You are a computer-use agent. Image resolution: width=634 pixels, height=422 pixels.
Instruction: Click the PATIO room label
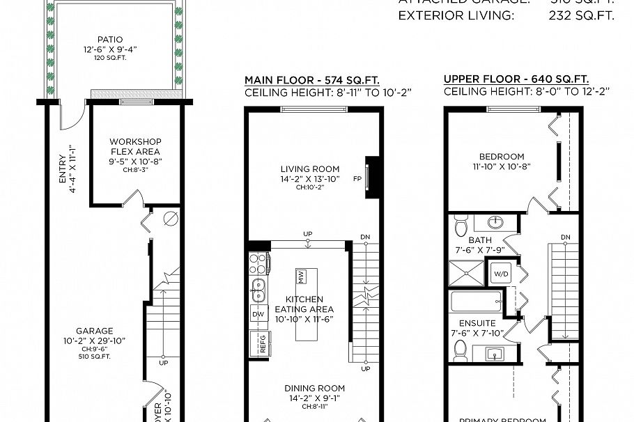pyautogui.click(x=111, y=40)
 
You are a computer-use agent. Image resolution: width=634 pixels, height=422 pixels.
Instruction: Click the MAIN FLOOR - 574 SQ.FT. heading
pyautogui.click(x=312, y=79)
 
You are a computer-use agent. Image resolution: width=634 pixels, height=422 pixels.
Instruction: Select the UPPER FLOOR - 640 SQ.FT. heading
pyautogui.click(x=516, y=79)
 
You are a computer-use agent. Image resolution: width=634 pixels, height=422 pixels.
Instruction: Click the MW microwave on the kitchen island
pyautogui.click(x=302, y=276)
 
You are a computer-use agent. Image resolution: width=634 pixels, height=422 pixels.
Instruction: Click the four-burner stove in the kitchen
pyautogui.click(x=259, y=263)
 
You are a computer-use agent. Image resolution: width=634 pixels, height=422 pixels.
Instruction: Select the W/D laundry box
pyautogui.click(x=501, y=273)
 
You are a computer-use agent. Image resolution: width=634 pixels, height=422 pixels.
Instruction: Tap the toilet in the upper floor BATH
pyautogui.click(x=460, y=227)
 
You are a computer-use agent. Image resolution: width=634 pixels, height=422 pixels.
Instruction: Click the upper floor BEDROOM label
pyautogui.click(x=502, y=157)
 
